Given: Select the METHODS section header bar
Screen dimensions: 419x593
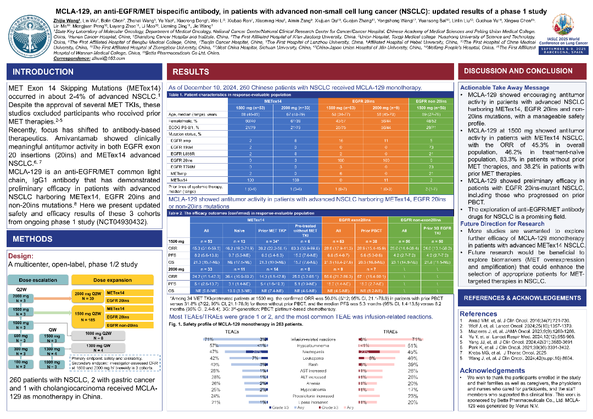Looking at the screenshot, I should pos(33,239).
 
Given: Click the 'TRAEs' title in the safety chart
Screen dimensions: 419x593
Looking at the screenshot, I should pos(390,332).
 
